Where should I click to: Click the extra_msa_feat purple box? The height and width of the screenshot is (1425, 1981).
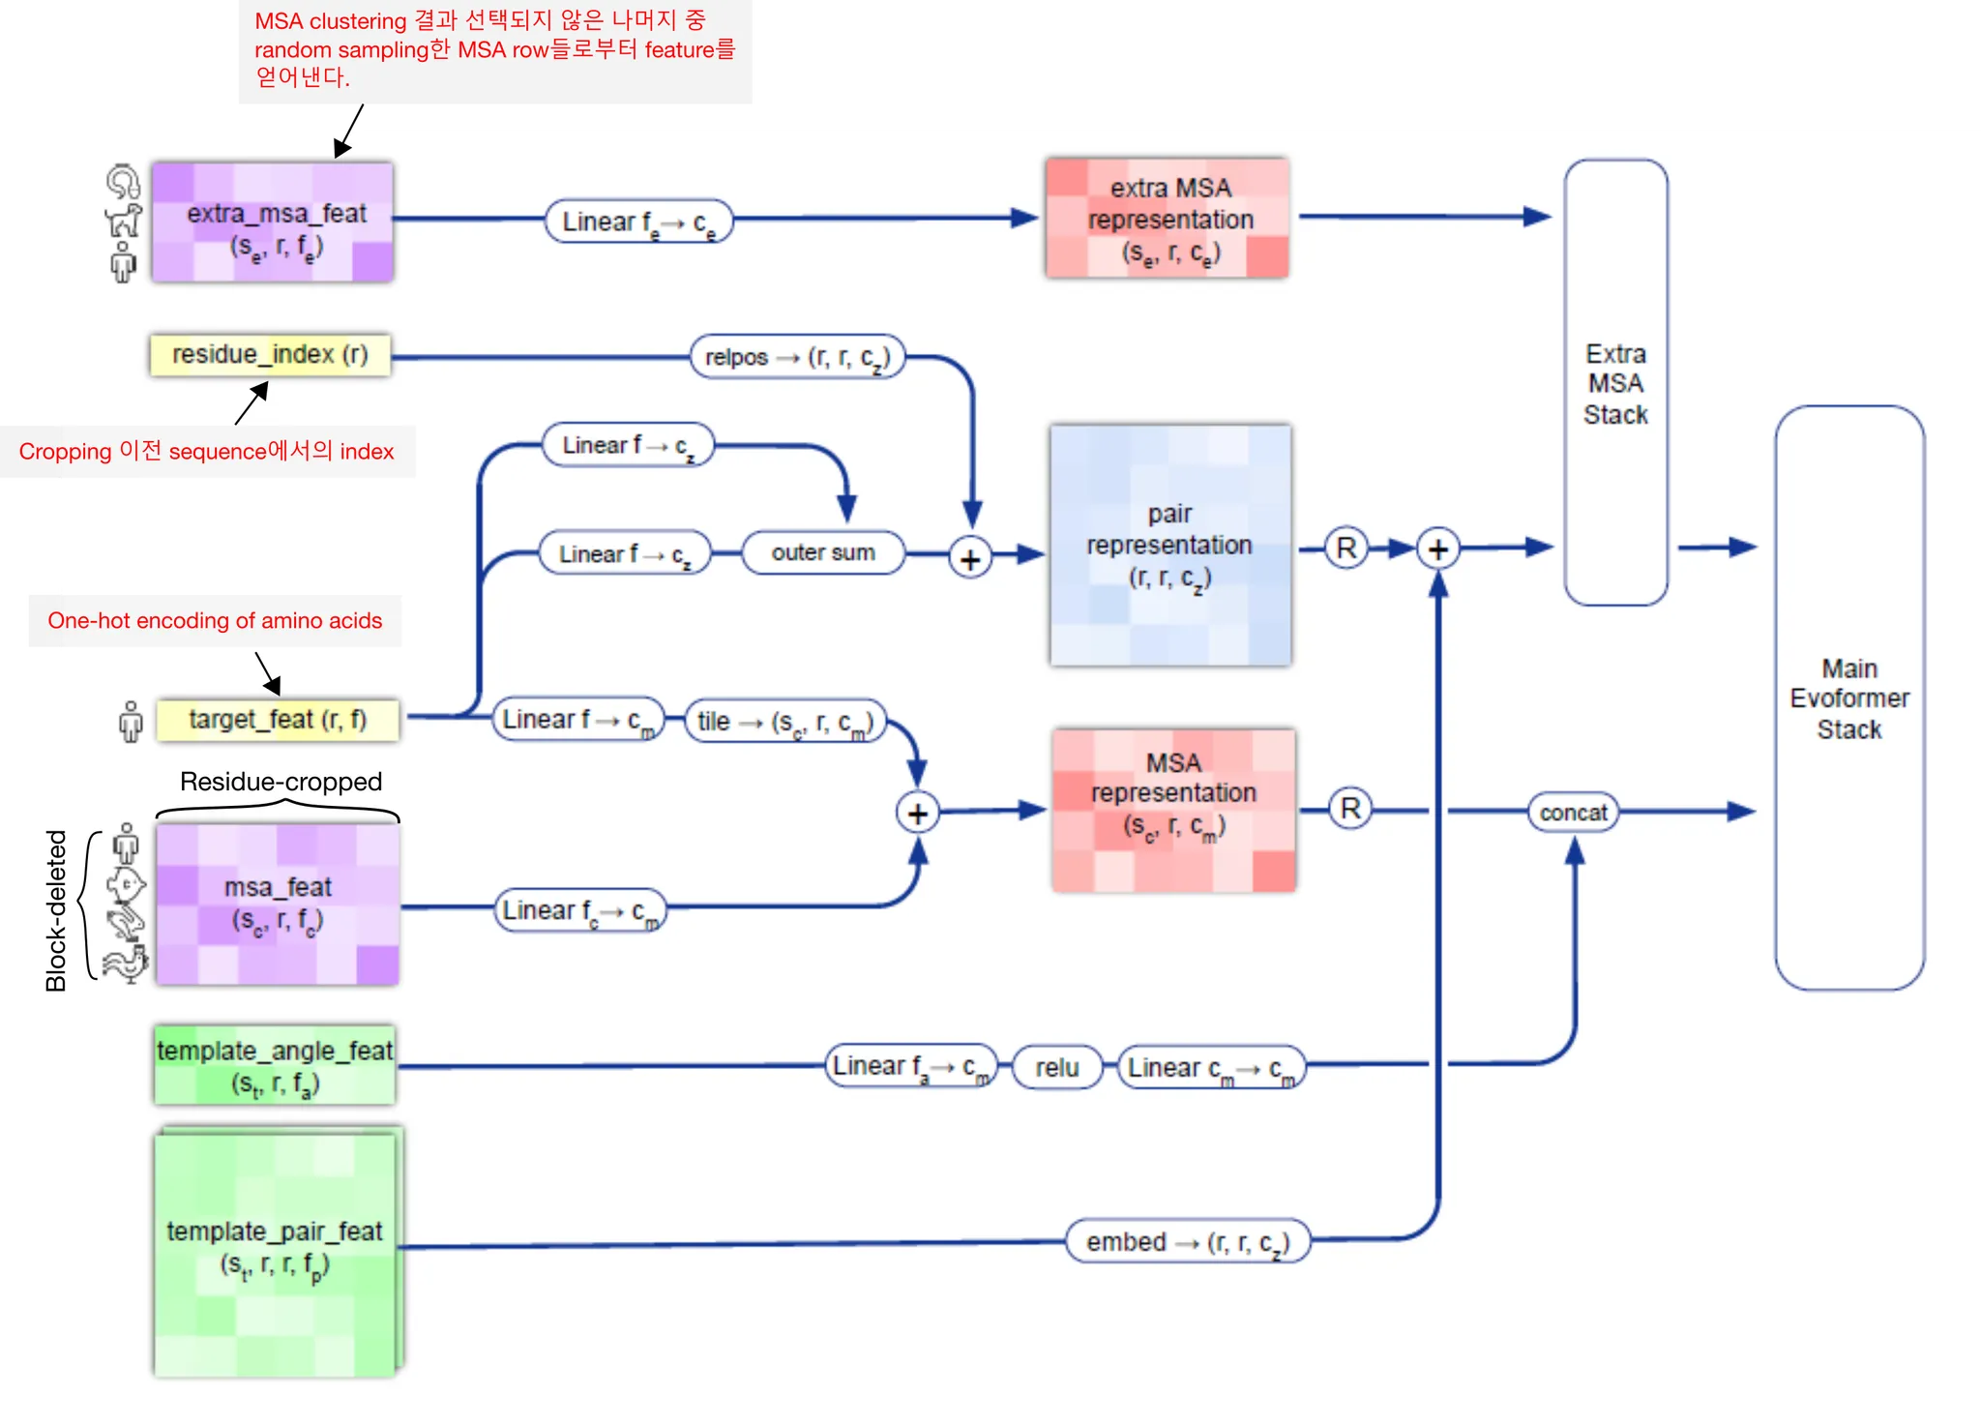(273, 223)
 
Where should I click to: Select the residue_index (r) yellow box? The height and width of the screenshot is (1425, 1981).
(270, 355)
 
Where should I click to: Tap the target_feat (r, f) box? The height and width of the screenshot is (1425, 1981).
(278, 720)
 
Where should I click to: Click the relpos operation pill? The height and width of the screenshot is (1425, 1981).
(797, 357)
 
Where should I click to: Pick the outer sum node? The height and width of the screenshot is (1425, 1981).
(823, 552)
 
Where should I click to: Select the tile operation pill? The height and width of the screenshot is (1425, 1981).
(785, 722)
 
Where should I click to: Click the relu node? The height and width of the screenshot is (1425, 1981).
(1056, 1067)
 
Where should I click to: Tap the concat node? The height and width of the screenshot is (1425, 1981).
(1573, 813)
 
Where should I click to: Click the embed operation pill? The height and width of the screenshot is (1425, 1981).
(1188, 1242)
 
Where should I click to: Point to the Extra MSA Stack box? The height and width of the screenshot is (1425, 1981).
(1615, 383)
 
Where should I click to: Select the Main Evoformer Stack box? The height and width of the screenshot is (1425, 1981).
(1849, 698)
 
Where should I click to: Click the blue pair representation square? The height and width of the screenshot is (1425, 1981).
(1170, 546)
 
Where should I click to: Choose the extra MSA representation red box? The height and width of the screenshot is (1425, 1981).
(1168, 219)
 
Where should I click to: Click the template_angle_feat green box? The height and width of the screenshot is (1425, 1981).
(275, 1065)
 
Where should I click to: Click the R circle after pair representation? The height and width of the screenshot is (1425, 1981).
(1346, 549)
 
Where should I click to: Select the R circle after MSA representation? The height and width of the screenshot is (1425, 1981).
(1350, 809)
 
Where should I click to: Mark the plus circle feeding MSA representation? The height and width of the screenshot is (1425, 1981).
(918, 814)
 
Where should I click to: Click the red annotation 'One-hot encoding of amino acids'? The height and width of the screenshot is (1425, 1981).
(215, 621)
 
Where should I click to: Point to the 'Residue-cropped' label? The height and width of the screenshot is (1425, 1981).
(281, 782)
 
